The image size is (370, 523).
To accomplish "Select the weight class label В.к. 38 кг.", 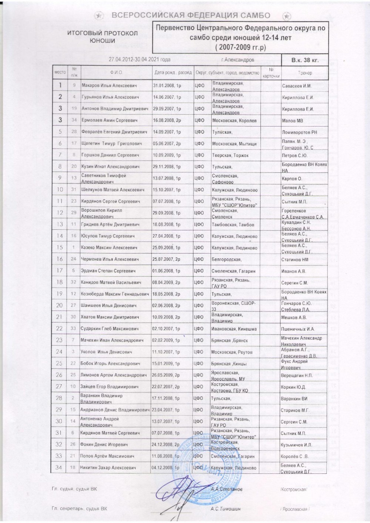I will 305,60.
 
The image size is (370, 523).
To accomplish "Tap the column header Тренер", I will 305,73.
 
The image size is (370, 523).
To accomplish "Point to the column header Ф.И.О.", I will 116,73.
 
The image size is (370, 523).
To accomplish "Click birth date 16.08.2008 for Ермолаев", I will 167,121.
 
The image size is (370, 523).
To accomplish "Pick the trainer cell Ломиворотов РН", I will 299,132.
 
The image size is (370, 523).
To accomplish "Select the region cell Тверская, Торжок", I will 230,155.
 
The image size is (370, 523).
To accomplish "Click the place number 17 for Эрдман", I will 59,271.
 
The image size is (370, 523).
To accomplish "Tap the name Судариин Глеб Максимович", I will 110,328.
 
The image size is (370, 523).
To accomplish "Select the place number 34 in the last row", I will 59,468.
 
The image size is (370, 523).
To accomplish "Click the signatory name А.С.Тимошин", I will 225,509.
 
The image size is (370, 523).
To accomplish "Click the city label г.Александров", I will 237,60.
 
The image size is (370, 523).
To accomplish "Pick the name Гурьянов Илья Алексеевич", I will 110,97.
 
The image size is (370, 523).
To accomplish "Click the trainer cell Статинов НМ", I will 295,260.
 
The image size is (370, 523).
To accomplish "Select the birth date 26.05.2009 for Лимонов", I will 166,375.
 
